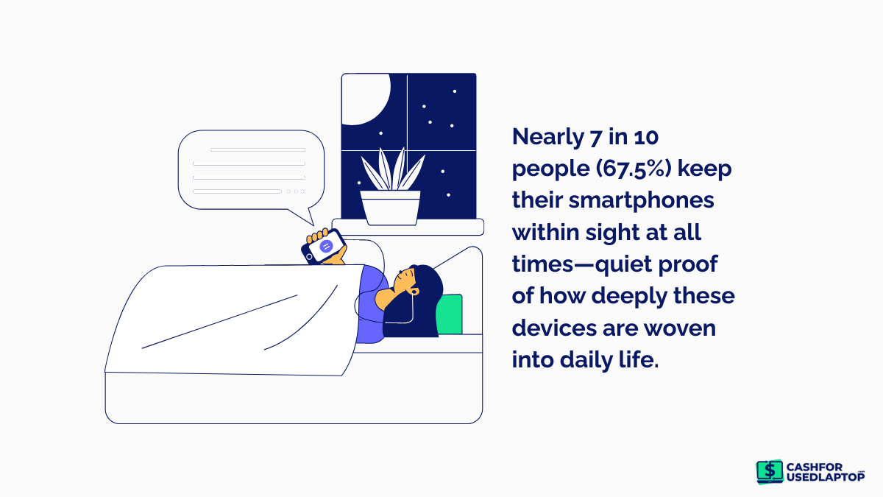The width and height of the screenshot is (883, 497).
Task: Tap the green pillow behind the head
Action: coord(450,314)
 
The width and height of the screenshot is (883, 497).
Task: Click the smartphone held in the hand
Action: coord(324,247)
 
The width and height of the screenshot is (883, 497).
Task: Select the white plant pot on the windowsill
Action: coord(390,208)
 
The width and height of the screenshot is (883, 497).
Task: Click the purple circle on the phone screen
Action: coord(326,246)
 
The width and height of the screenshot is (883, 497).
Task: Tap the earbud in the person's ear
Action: coord(414,292)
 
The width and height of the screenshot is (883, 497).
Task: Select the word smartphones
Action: coord(641,200)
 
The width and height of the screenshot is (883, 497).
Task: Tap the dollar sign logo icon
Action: coord(770,471)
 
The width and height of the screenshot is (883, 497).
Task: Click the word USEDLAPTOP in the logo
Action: coord(826,477)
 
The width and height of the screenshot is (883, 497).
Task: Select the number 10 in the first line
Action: coord(646,137)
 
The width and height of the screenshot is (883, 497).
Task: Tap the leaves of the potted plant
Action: coord(392,169)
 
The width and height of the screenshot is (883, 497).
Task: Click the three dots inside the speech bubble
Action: coord(296,191)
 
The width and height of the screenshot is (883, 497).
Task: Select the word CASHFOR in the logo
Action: coord(815,467)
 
